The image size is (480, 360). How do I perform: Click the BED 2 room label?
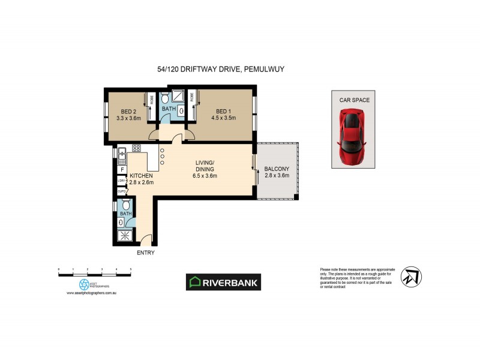pos(127,111)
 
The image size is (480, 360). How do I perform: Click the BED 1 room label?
pos(223,111)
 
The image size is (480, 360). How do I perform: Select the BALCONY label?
pos(277,169)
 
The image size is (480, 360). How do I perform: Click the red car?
pos(353,137)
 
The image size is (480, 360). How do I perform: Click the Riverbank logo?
pos(223,282)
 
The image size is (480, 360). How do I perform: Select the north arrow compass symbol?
pos(410,276)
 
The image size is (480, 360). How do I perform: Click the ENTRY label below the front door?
pos(146,253)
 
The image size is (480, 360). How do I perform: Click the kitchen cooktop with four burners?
pos(136,149)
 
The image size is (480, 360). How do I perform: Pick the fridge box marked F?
pos(121,170)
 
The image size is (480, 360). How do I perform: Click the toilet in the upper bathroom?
pos(181,110)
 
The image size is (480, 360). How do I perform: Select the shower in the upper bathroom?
pos(178,96)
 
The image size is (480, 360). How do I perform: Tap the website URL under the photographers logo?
pos(90,293)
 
